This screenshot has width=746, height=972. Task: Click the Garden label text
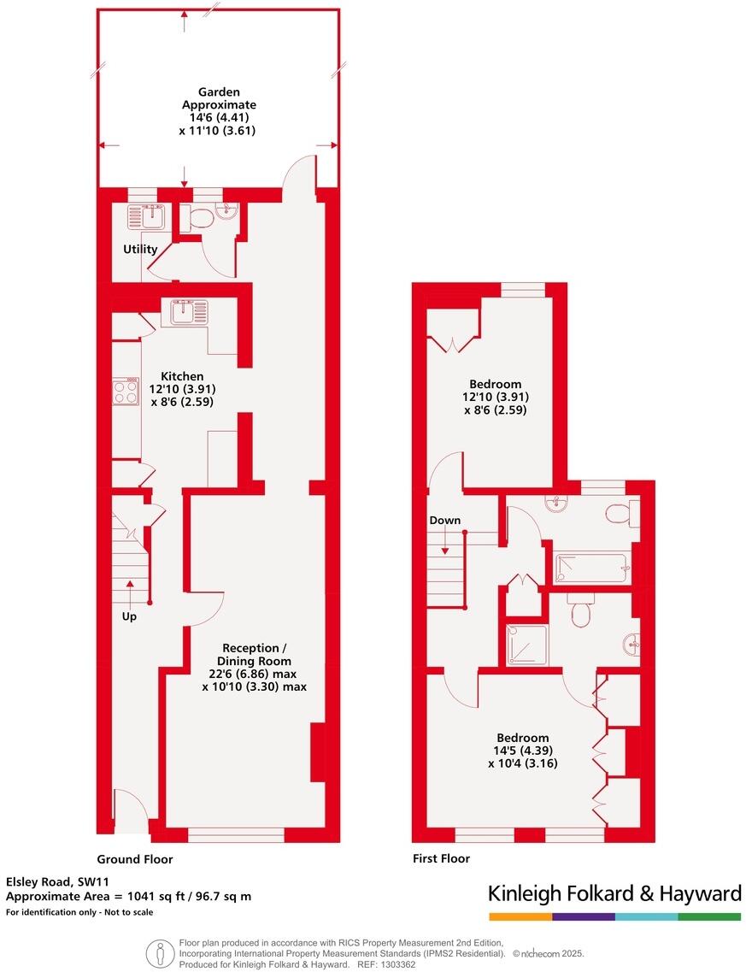click(x=219, y=91)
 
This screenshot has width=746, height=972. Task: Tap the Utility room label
click(x=140, y=250)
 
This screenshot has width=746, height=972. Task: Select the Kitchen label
click(x=183, y=376)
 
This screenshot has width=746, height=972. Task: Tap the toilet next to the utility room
click(x=198, y=219)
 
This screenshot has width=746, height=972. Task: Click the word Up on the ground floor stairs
click(x=129, y=616)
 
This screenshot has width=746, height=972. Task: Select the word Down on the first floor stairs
click(x=444, y=521)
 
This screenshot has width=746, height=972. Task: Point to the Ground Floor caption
click(x=135, y=859)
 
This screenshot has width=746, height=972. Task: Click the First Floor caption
click(x=441, y=859)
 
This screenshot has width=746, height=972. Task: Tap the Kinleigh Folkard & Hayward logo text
click(x=614, y=894)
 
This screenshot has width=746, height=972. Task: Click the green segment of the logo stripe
click(x=709, y=917)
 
